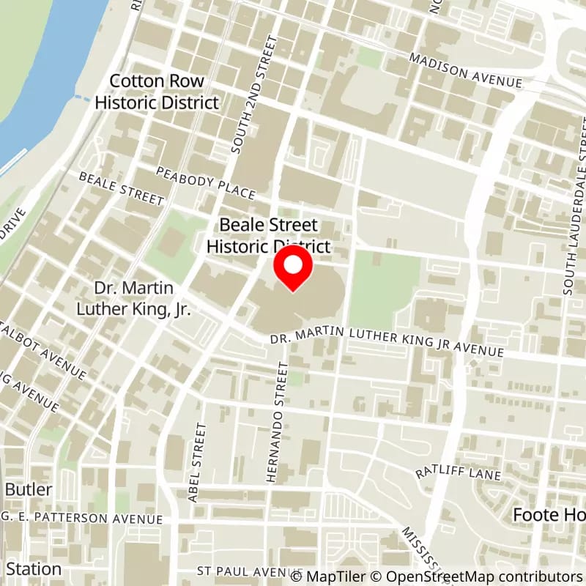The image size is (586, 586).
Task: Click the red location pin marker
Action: pyautogui.click(x=293, y=268)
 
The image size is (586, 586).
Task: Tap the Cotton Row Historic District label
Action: pyautogui.click(x=157, y=92)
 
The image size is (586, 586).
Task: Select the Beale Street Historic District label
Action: pyautogui.click(x=269, y=236)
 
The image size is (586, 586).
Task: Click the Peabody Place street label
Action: pyautogui.click(x=205, y=182)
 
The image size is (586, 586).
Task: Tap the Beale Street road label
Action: pyautogui.click(x=121, y=188)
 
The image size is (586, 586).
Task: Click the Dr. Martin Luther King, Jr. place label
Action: pyautogui.click(x=133, y=298)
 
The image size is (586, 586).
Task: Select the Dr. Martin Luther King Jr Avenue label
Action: pyautogui.click(x=387, y=346)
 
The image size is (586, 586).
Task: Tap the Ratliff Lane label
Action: pyautogui.click(x=458, y=473)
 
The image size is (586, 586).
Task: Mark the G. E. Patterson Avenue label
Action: pyautogui.click(x=73, y=519)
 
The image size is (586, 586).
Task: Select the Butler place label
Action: pyautogui.click(x=29, y=489)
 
